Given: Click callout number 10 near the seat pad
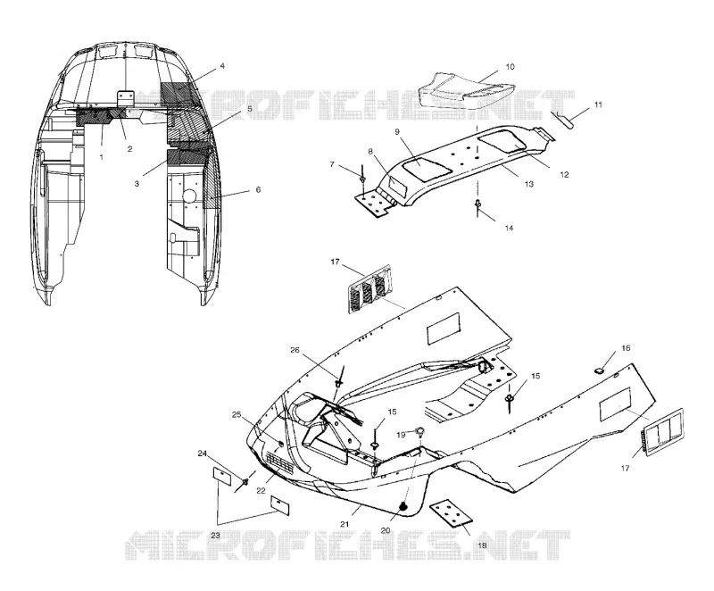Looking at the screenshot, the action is tap(510, 67).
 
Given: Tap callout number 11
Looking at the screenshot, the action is tap(598, 104).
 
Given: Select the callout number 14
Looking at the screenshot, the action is tap(509, 228).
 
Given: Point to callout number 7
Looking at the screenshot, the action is tap(332, 164).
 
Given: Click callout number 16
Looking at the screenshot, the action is tap(626, 348).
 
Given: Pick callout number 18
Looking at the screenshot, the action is tap(482, 545).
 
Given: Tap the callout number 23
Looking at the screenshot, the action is tap(215, 536).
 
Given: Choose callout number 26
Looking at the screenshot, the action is tap(295, 350).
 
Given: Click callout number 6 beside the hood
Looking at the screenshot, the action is tap(258, 189).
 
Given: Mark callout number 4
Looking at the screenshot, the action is tap(222, 66).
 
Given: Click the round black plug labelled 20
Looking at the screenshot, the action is tap(403, 507).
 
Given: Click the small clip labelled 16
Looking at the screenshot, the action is tap(599, 370).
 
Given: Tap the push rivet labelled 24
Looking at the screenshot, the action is tap(246, 481).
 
